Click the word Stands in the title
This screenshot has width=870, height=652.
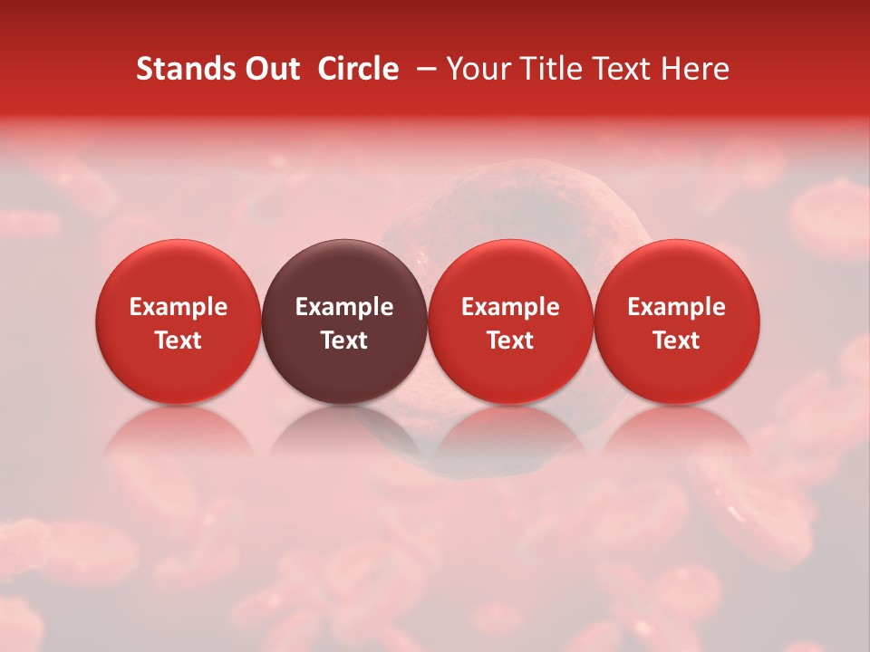point(185,69)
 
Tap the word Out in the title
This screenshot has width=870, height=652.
point(271,69)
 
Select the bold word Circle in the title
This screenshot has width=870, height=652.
point(358,69)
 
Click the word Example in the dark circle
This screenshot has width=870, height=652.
point(344,307)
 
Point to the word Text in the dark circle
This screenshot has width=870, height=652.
point(344,340)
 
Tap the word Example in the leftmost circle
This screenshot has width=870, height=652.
point(178,307)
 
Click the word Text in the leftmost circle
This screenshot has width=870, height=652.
point(178,340)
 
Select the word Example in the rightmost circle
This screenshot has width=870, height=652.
point(677,307)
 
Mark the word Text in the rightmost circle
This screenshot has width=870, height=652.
point(677,340)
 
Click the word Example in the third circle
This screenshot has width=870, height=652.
point(510,307)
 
